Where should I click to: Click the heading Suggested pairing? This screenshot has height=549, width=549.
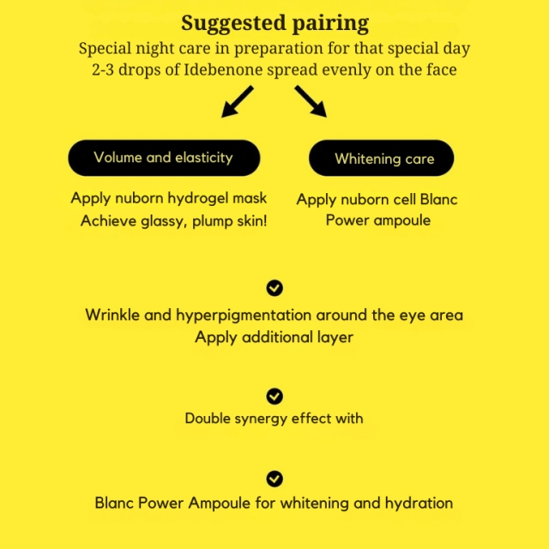point(274,23)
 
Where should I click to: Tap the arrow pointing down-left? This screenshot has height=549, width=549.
point(238,101)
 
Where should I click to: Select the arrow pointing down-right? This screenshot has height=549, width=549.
point(311,101)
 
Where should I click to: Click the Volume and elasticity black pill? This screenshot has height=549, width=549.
point(164,158)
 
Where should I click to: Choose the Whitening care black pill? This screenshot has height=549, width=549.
point(381,158)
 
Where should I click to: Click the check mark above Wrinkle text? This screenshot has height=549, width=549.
point(274,288)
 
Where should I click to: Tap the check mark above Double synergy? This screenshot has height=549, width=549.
point(274,396)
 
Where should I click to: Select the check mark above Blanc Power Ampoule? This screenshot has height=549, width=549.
point(274,479)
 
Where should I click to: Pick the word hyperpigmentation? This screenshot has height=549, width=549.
point(244,316)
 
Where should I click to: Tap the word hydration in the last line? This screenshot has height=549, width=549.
point(419,504)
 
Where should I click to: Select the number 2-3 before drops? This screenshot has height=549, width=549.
point(103,69)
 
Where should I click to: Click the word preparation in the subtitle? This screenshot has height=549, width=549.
point(278,49)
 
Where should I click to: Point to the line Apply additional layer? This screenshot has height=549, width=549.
point(274,338)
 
